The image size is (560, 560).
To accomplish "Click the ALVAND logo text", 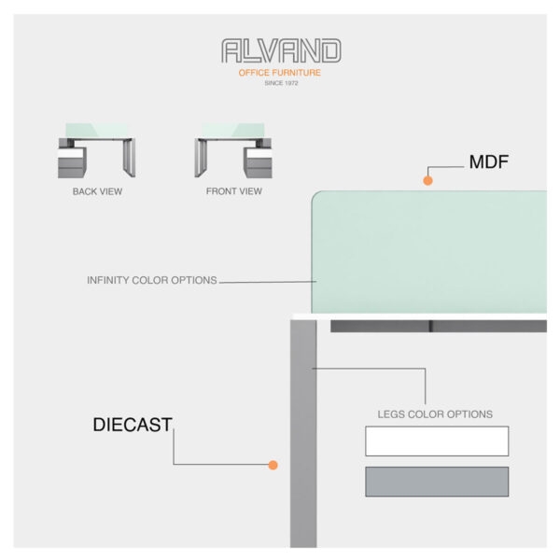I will pyautogui.click(x=281, y=51).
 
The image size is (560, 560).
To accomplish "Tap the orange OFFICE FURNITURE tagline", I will pyautogui.click(x=281, y=73).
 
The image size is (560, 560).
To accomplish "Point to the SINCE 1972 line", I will pyautogui.click(x=281, y=84).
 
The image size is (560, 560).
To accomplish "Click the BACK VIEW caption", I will pyautogui.click(x=97, y=191).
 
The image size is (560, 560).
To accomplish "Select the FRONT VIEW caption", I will pyautogui.click(x=233, y=191).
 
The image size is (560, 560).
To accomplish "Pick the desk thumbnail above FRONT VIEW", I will pyautogui.click(x=233, y=150).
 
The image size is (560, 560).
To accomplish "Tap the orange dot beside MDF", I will pyautogui.click(x=428, y=179).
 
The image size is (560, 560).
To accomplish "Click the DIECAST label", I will pyautogui.click(x=133, y=425).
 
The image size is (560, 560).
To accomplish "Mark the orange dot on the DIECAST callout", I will pyautogui.click(x=273, y=464).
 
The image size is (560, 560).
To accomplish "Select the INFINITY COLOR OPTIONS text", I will pyautogui.click(x=152, y=280).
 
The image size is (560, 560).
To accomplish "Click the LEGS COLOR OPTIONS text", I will pyautogui.click(x=435, y=413).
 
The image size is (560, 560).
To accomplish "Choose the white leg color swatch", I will pyautogui.click(x=437, y=441).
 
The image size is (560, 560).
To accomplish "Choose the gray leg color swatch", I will pyautogui.click(x=437, y=482).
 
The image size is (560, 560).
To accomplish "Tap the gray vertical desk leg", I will pyautogui.click(x=302, y=439).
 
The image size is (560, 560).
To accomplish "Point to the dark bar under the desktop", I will pyautogui.click(x=439, y=327).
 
